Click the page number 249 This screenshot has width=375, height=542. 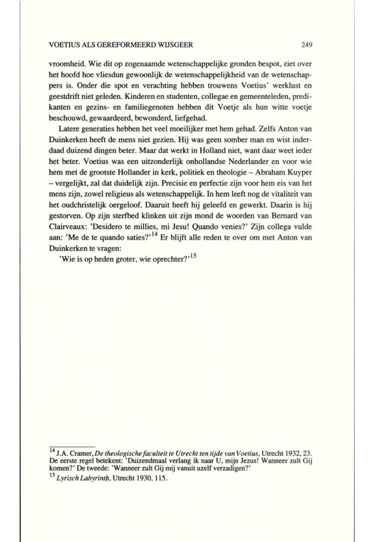[306, 45]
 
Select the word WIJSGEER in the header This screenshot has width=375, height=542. [175, 45]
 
